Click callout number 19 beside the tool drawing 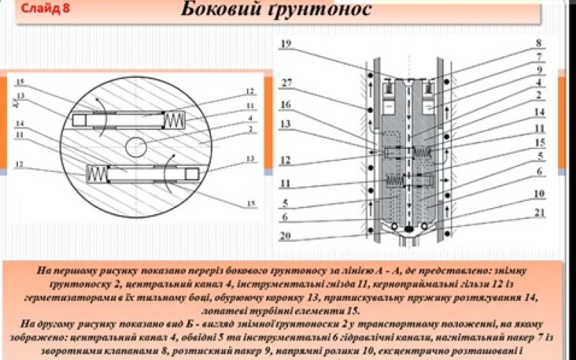(286, 44)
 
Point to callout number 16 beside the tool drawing (286, 105)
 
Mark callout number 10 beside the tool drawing (538, 194)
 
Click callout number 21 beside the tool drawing (538, 212)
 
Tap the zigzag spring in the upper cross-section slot (174, 120)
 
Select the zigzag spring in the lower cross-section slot (97, 174)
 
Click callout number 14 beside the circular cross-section (19, 125)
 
